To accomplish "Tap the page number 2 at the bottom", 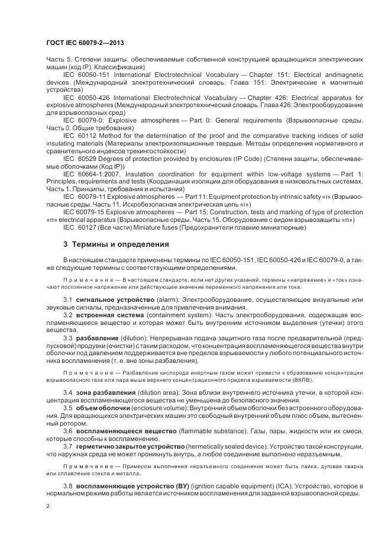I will [48, 507].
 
